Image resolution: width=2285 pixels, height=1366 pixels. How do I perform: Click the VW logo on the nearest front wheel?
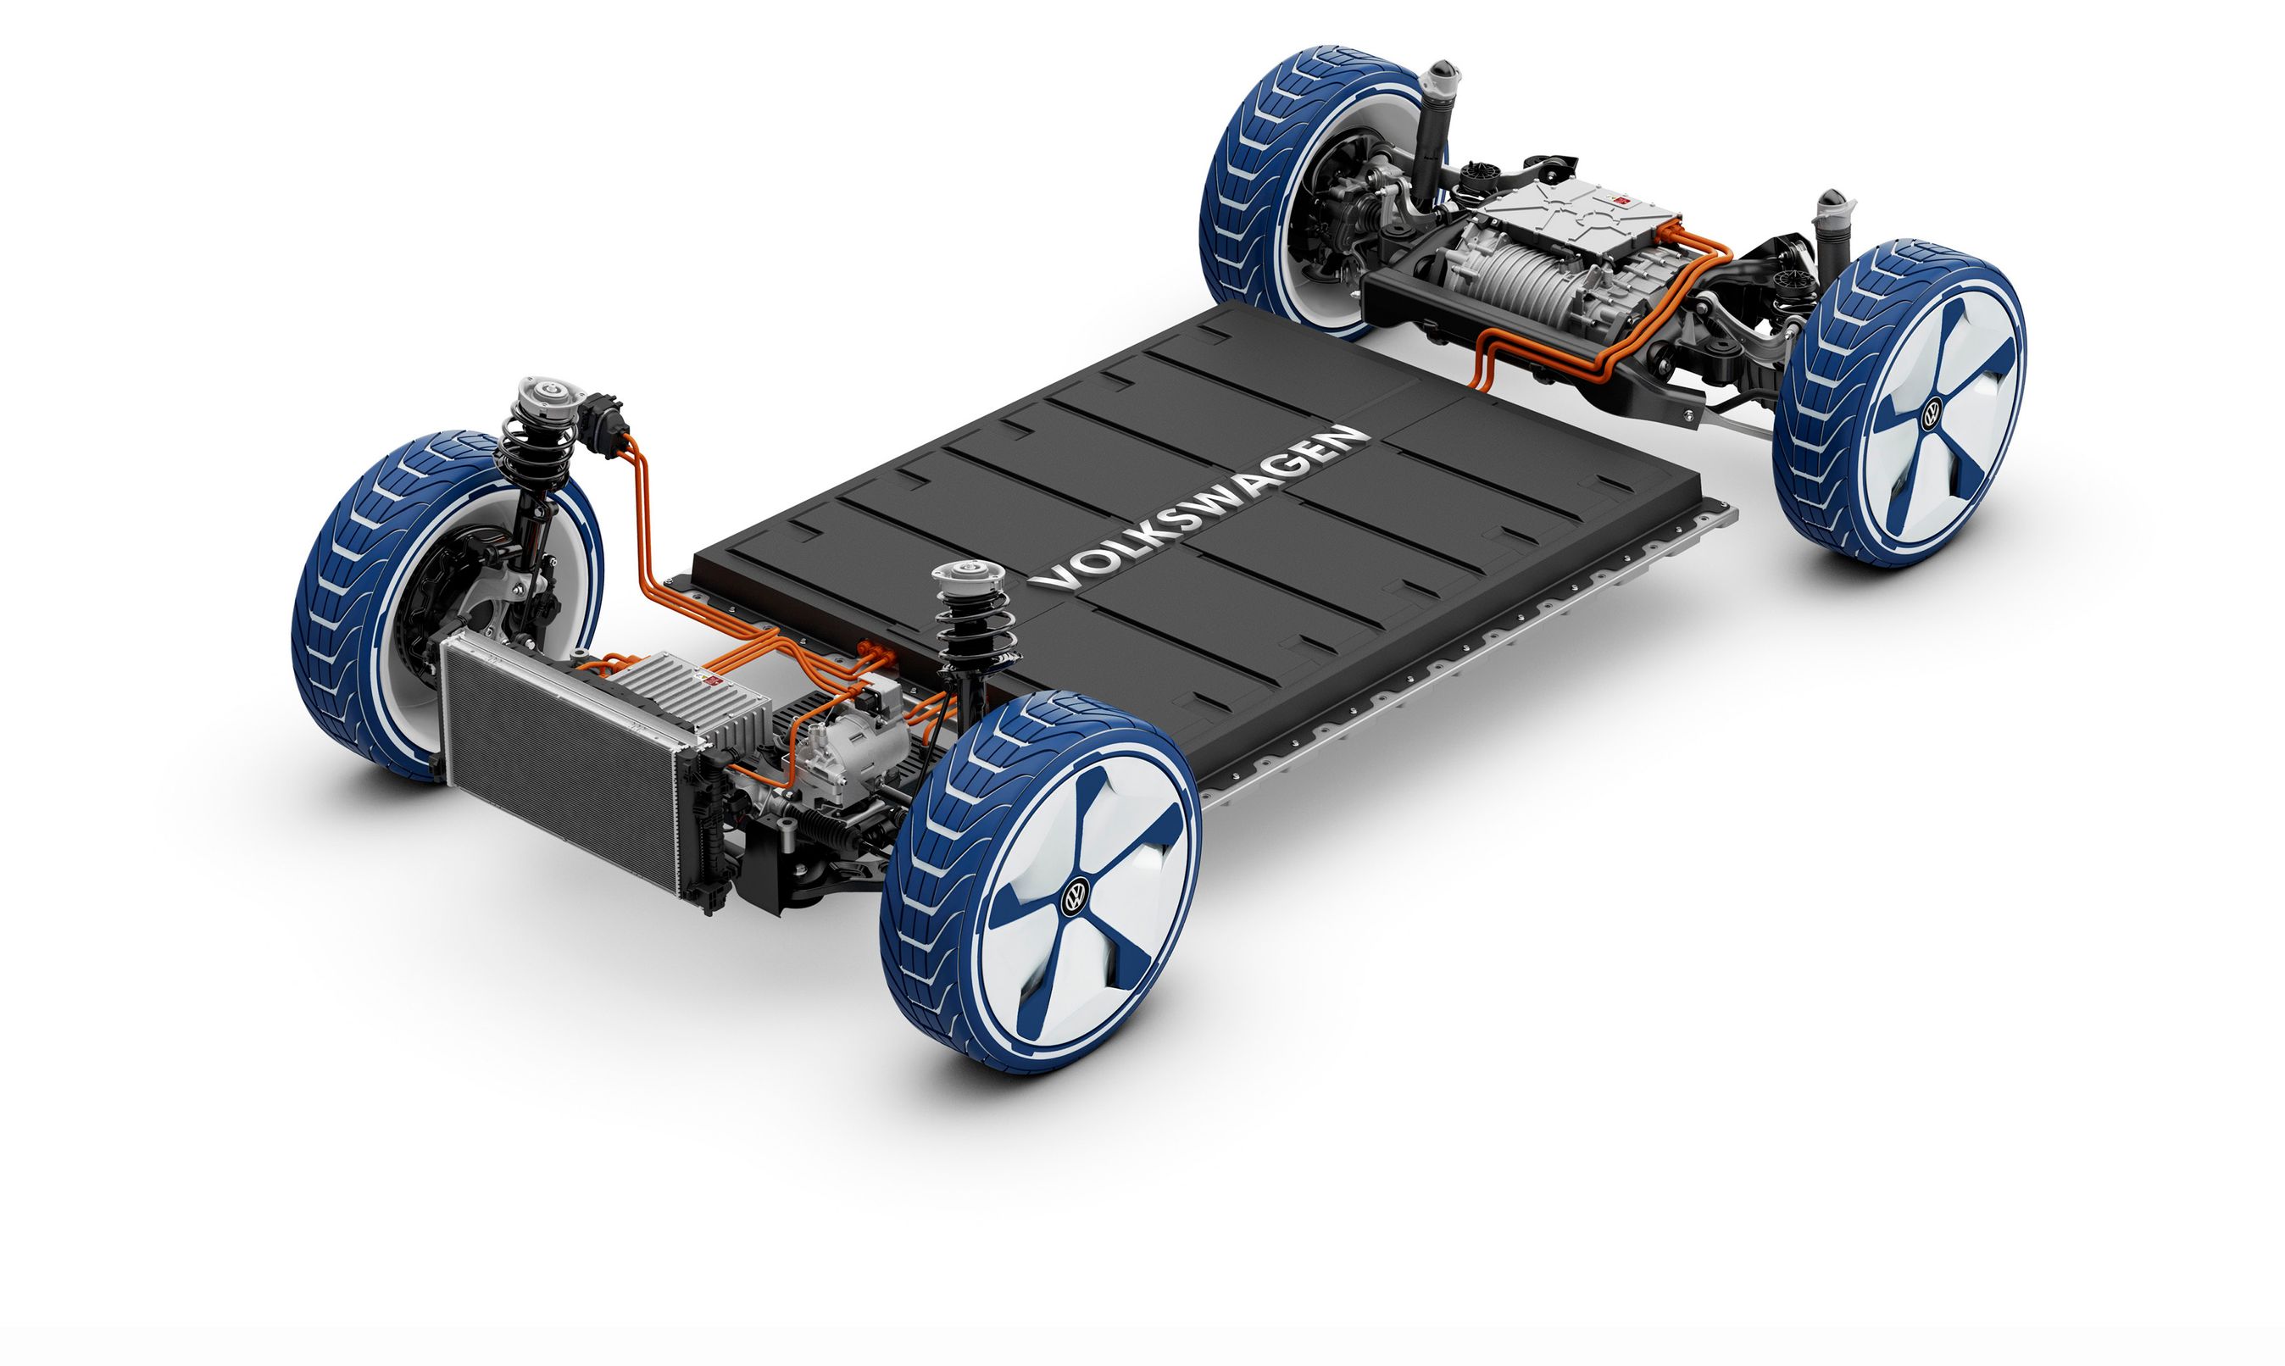1075,896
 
